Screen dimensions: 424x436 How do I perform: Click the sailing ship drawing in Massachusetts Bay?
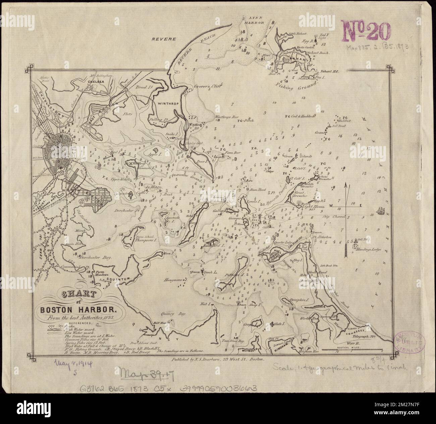tap(381, 210)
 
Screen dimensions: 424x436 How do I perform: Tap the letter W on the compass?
tap(331, 206)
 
